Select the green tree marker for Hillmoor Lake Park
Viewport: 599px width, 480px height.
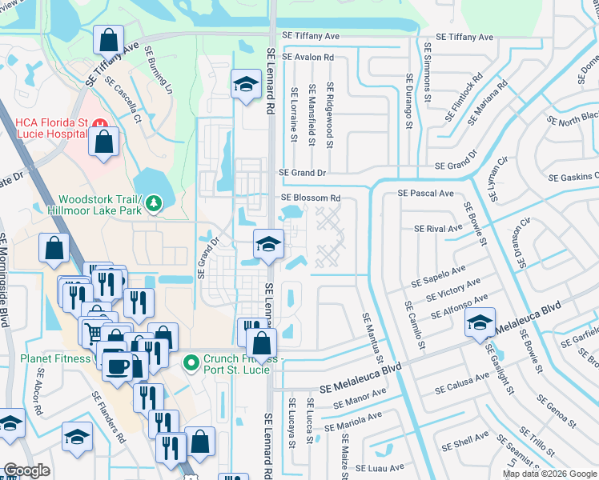[154, 205]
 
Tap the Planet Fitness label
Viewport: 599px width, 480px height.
[55, 358]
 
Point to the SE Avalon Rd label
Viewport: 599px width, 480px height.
[307, 58]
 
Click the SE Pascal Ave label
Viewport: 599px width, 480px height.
[425, 194]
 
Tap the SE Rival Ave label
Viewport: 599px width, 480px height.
[438, 229]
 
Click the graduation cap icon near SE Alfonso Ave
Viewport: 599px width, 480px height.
[480, 322]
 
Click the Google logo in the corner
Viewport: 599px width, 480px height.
[26, 470]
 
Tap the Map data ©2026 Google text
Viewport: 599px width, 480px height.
[549, 474]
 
